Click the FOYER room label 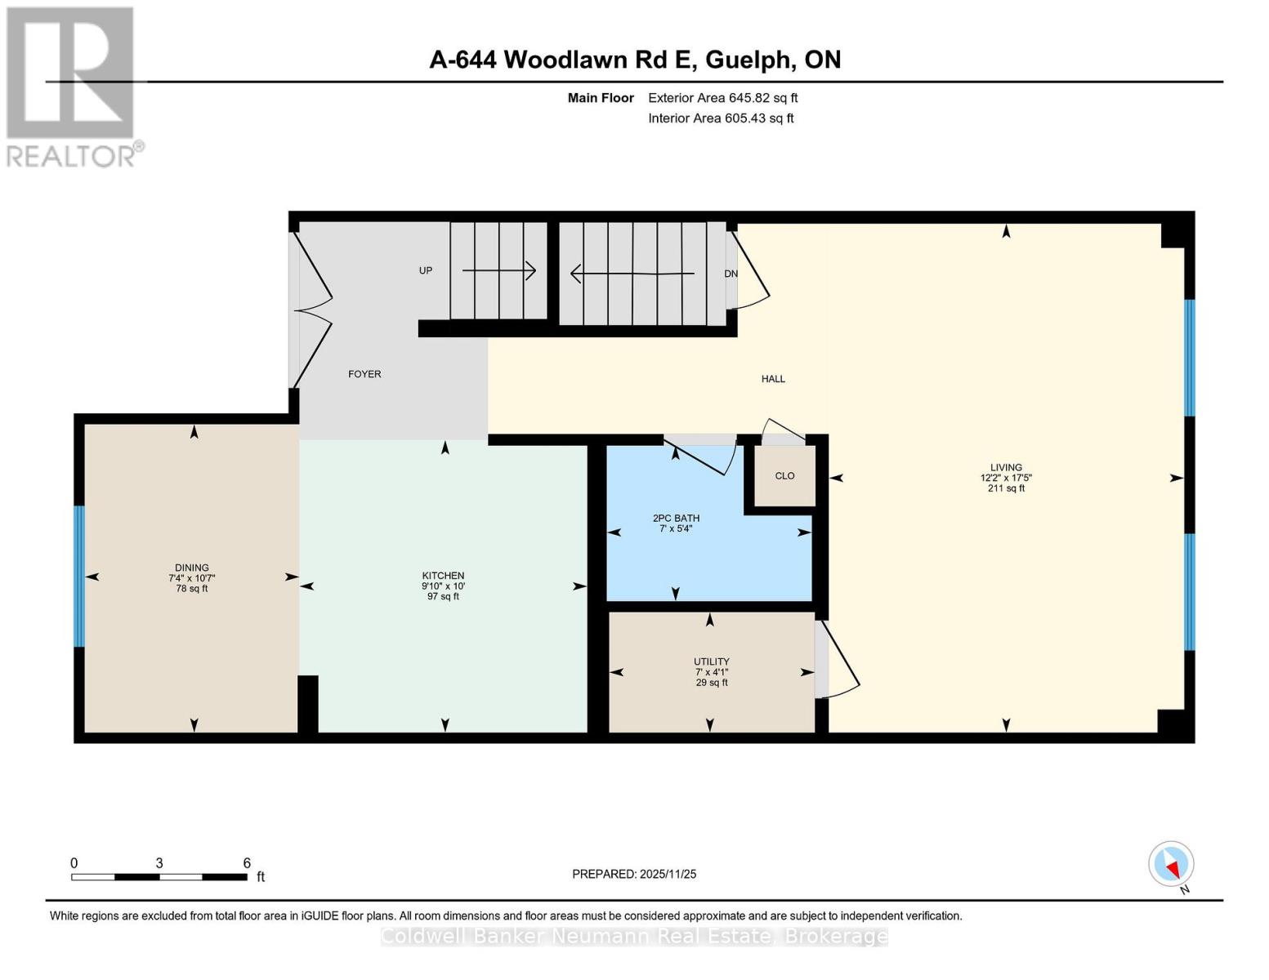click(x=364, y=374)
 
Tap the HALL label click(x=773, y=379)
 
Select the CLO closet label click(x=784, y=476)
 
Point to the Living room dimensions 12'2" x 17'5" click(x=1006, y=478)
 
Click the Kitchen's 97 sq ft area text click(x=443, y=596)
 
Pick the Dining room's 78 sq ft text click(x=192, y=588)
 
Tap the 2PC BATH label click(x=676, y=519)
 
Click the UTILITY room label click(x=711, y=661)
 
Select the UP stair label click(x=426, y=270)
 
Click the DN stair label click(x=731, y=274)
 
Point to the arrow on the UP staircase click(x=498, y=270)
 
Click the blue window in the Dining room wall click(x=79, y=576)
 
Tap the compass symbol click(x=1171, y=864)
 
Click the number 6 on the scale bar click(x=247, y=863)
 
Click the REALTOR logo click(x=71, y=86)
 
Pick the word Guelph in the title click(x=750, y=60)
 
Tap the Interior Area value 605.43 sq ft click(x=759, y=118)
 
